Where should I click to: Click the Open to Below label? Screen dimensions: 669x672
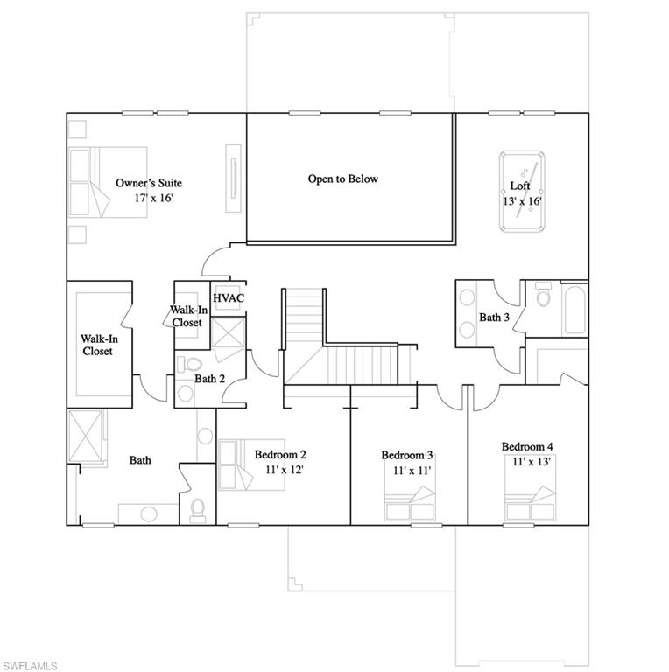(343, 178)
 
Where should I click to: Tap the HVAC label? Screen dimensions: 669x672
(229, 297)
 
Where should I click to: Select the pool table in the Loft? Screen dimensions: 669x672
(522, 191)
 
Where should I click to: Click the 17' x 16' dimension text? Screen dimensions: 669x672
(153, 198)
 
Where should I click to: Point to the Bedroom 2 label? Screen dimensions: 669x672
(280, 454)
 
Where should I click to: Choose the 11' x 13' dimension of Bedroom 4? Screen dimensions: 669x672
(532, 462)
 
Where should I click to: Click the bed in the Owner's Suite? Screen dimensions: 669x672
(108, 182)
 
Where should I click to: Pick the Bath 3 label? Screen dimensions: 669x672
(495, 317)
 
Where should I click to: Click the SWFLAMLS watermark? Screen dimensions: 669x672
(29, 666)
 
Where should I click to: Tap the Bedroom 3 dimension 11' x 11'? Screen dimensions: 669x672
(412, 471)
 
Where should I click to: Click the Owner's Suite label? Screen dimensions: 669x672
(149, 183)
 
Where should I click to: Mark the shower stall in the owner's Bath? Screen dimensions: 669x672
(86, 437)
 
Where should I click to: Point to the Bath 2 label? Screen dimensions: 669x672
(209, 379)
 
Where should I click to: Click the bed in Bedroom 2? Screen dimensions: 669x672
(251, 465)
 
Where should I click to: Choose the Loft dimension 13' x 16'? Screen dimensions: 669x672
(523, 201)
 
